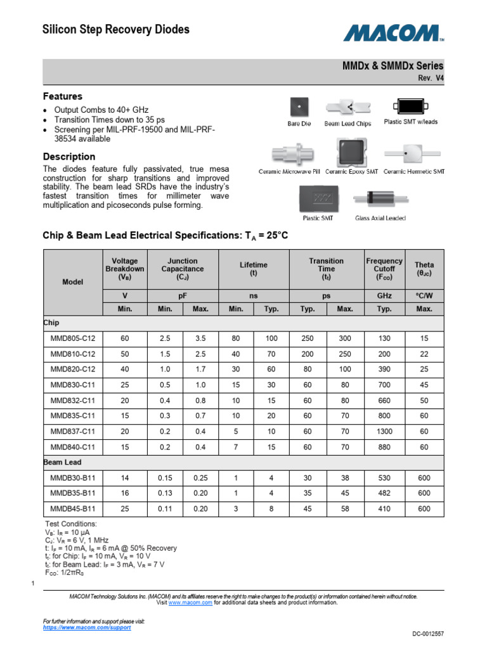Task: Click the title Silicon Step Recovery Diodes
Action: point(115,30)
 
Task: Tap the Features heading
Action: point(62,97)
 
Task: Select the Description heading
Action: point(69,157)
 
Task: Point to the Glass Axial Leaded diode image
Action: point(380,199)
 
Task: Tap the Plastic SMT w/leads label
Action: point(410,122)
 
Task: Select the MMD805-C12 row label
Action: point(73,339)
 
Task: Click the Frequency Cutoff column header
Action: point(384,269)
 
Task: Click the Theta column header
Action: point(424,269)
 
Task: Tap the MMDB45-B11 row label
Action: point(73,508)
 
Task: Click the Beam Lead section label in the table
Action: point(62,463)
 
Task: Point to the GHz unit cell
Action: point(384,296)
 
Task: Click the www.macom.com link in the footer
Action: point(190,603)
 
